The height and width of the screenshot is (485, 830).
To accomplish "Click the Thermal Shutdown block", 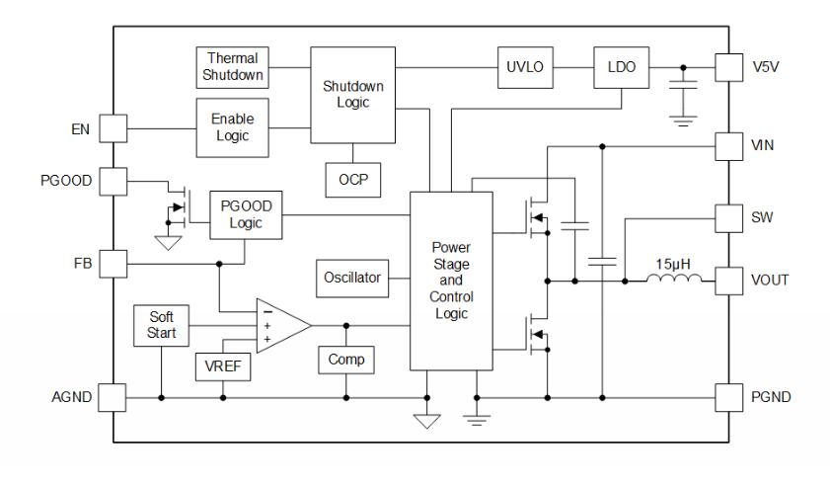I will point(233,67).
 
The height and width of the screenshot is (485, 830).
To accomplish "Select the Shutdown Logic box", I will point(352,95).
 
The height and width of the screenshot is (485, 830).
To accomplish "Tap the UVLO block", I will point(525,67).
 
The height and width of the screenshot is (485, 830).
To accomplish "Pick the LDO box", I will point(621,67).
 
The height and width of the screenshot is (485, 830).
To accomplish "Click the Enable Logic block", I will point(232,127).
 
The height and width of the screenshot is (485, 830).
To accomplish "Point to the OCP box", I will point(352,179).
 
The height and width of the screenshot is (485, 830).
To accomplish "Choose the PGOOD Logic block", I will point(246,215).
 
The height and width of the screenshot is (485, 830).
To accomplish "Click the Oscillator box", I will point(352,278).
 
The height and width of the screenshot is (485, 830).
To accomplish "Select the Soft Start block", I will point(161,325).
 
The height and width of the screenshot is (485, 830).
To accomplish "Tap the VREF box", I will point(223,366).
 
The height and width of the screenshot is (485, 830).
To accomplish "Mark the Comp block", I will point(345,359).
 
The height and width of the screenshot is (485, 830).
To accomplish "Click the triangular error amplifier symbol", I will point(279,325).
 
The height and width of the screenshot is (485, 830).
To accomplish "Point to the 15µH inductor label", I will point(674,264).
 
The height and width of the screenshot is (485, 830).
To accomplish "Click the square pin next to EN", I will point(113,128).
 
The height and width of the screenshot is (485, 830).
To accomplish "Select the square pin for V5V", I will point(727,67).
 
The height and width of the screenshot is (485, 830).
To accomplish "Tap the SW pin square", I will point(727,216).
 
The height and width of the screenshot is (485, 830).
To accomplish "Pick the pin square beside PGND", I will point(727,397).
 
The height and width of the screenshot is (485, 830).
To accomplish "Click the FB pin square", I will point(113,264).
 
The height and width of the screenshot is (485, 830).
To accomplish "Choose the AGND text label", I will point(71,397).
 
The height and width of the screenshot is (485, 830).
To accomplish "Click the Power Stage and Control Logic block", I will point(451,281).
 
